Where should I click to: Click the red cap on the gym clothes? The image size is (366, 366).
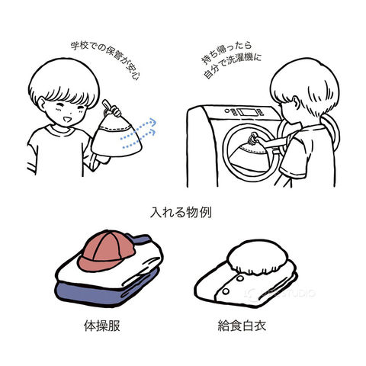coord(106,252)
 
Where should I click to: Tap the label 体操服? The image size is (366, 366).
coord(102,326)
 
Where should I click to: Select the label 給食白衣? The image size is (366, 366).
coord(242,326)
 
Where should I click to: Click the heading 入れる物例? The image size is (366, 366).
coord(181,213)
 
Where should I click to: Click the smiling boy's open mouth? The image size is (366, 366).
coord(67,119)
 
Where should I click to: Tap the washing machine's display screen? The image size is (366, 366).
coord(248,112)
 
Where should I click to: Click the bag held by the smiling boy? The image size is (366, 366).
coord(116,135)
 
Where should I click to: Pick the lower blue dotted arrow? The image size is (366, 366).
coord(140,139)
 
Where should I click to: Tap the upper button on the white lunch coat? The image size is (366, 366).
coord(239,279)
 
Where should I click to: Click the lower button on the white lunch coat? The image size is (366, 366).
coord(226,291)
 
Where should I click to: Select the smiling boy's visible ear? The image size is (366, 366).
coord(41,104)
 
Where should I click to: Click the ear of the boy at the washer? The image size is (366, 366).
coord(295,102)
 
